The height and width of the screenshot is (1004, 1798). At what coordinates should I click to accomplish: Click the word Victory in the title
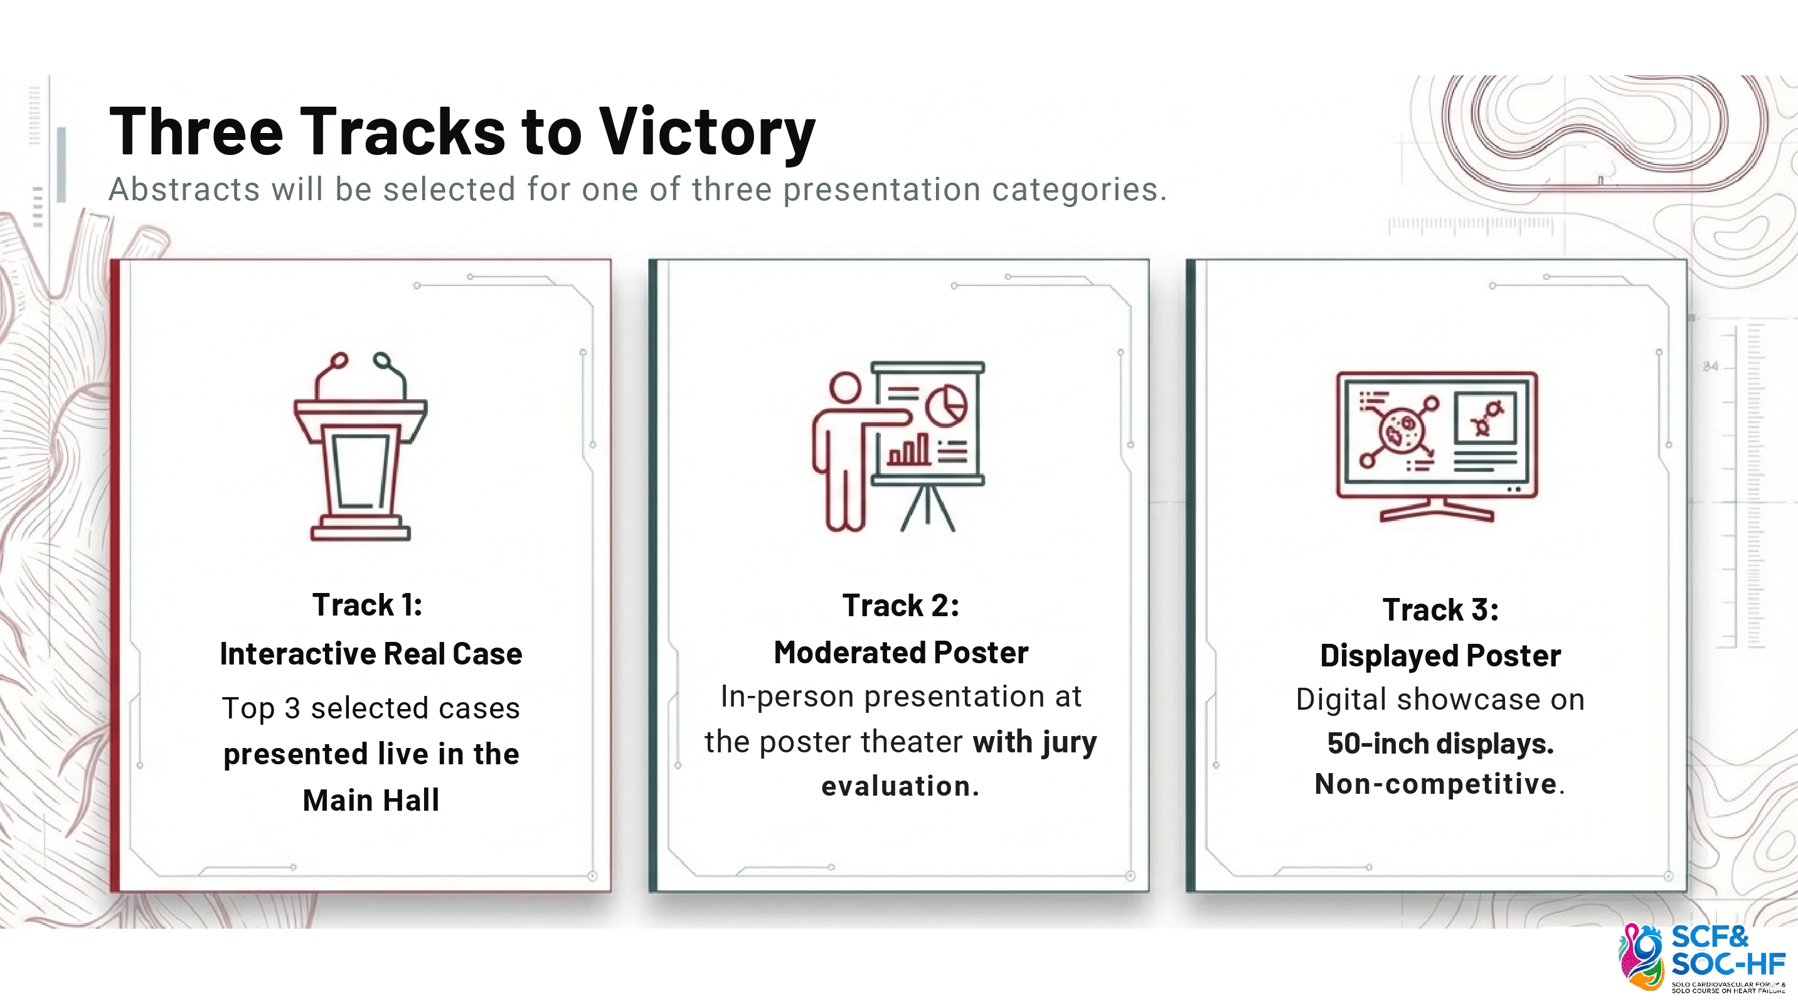pos(707,132)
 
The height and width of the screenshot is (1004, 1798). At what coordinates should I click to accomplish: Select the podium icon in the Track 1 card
pos(360,446)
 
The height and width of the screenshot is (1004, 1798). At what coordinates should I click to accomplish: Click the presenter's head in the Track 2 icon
pos(845,388)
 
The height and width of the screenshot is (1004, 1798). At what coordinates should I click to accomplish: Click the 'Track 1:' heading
pos(368,605)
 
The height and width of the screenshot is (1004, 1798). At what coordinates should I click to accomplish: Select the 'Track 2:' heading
pos(901,606)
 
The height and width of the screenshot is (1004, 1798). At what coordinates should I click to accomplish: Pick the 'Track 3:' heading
pos(1440,609)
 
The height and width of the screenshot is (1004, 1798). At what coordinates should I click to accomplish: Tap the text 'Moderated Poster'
pos(901,653)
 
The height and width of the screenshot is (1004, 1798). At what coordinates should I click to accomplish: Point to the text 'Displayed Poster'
pos(1440,656)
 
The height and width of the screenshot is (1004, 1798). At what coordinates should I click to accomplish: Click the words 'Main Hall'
pos(371,800)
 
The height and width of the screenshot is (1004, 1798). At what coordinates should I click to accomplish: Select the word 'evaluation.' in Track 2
pos(900,786)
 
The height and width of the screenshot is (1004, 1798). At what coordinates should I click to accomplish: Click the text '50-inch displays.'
pos(1440,744)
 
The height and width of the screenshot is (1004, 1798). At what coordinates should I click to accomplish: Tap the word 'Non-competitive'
pos(1436,783)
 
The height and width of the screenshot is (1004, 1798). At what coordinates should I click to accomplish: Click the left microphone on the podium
pos(339,360)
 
